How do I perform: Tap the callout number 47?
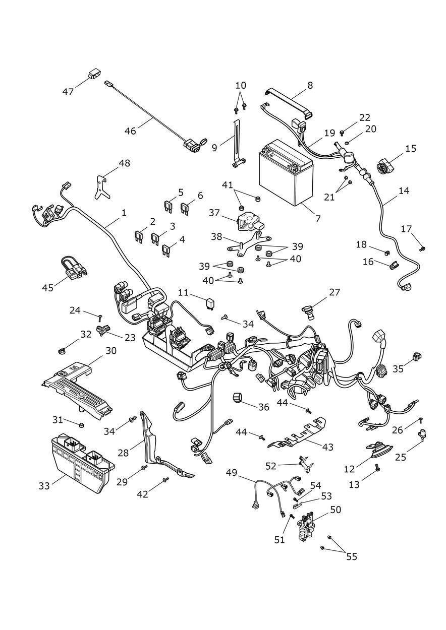(68, 92)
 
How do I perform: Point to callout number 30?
(111, 350)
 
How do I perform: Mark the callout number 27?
(334, 292)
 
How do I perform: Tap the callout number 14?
(403, 191)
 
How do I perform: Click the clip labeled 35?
(416, 357)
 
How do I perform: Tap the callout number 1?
(124, 213)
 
